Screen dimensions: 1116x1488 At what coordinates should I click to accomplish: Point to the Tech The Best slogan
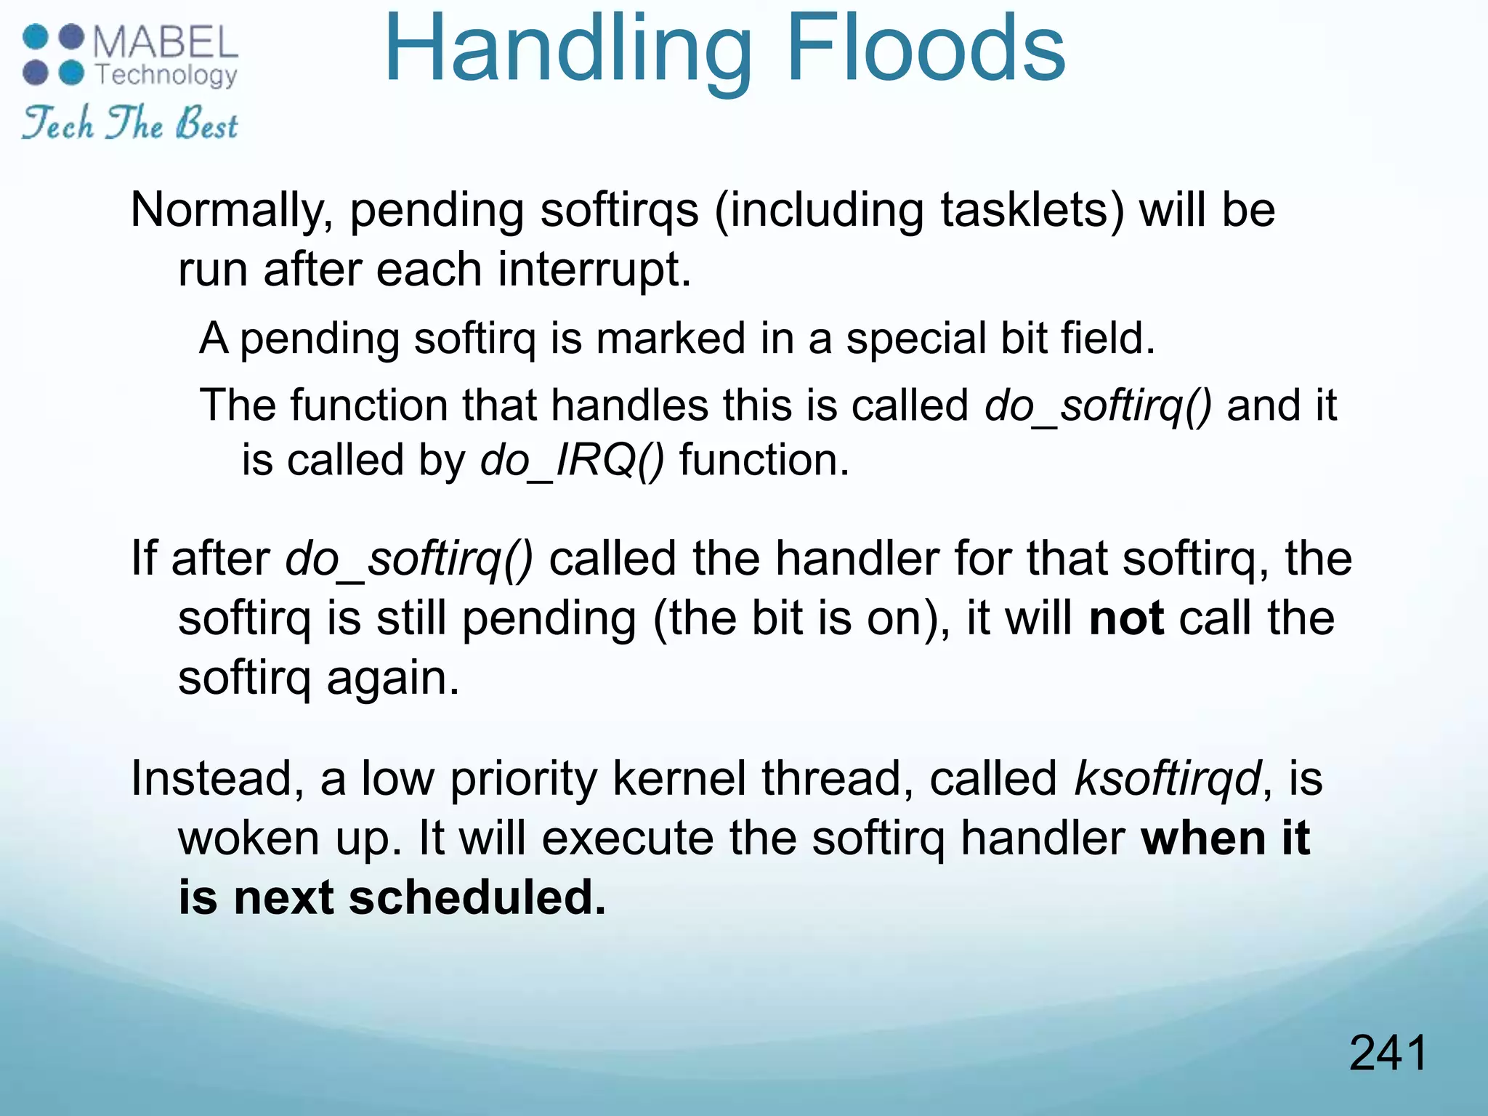129,123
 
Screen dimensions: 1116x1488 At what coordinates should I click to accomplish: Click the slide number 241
1388,1054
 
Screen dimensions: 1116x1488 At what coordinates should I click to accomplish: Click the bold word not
1126,619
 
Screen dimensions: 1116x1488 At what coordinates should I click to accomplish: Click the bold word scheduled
477,898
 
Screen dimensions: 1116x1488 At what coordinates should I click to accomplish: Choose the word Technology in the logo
166,75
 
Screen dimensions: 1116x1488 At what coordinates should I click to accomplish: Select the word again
392,679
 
